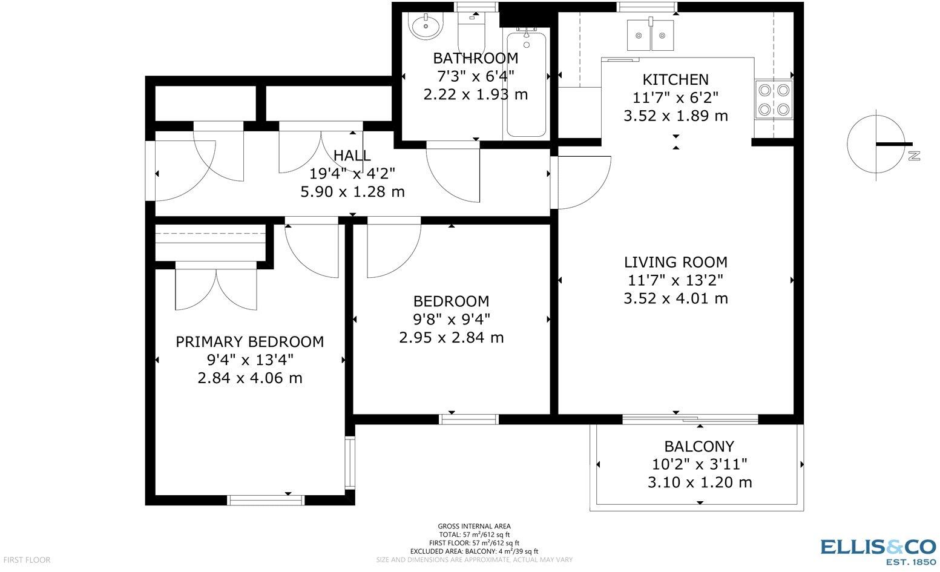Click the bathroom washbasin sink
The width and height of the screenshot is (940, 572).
tap(426, 25)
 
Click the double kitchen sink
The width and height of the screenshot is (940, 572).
tap(650, 35)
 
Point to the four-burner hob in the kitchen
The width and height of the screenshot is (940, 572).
tap(774, 100)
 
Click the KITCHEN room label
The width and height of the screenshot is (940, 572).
tap(675, 79)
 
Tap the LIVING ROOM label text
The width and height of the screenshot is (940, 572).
tap(675, 262)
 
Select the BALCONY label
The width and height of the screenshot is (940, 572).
tap(699, 447)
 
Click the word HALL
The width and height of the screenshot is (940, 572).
tap(352, 156)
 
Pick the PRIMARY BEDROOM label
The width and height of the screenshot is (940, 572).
tap(249, 342)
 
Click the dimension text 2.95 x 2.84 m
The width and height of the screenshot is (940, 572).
tap(451, 337)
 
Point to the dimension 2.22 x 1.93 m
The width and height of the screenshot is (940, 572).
tap(475, 94)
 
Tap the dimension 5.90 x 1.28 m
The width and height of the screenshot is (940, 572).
tap(352, 192)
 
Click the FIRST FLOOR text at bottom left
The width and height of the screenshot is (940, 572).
tap(26, 560)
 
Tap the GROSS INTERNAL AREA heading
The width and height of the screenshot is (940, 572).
tap(474, 526)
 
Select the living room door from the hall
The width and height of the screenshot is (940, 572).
tap(582, 182)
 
